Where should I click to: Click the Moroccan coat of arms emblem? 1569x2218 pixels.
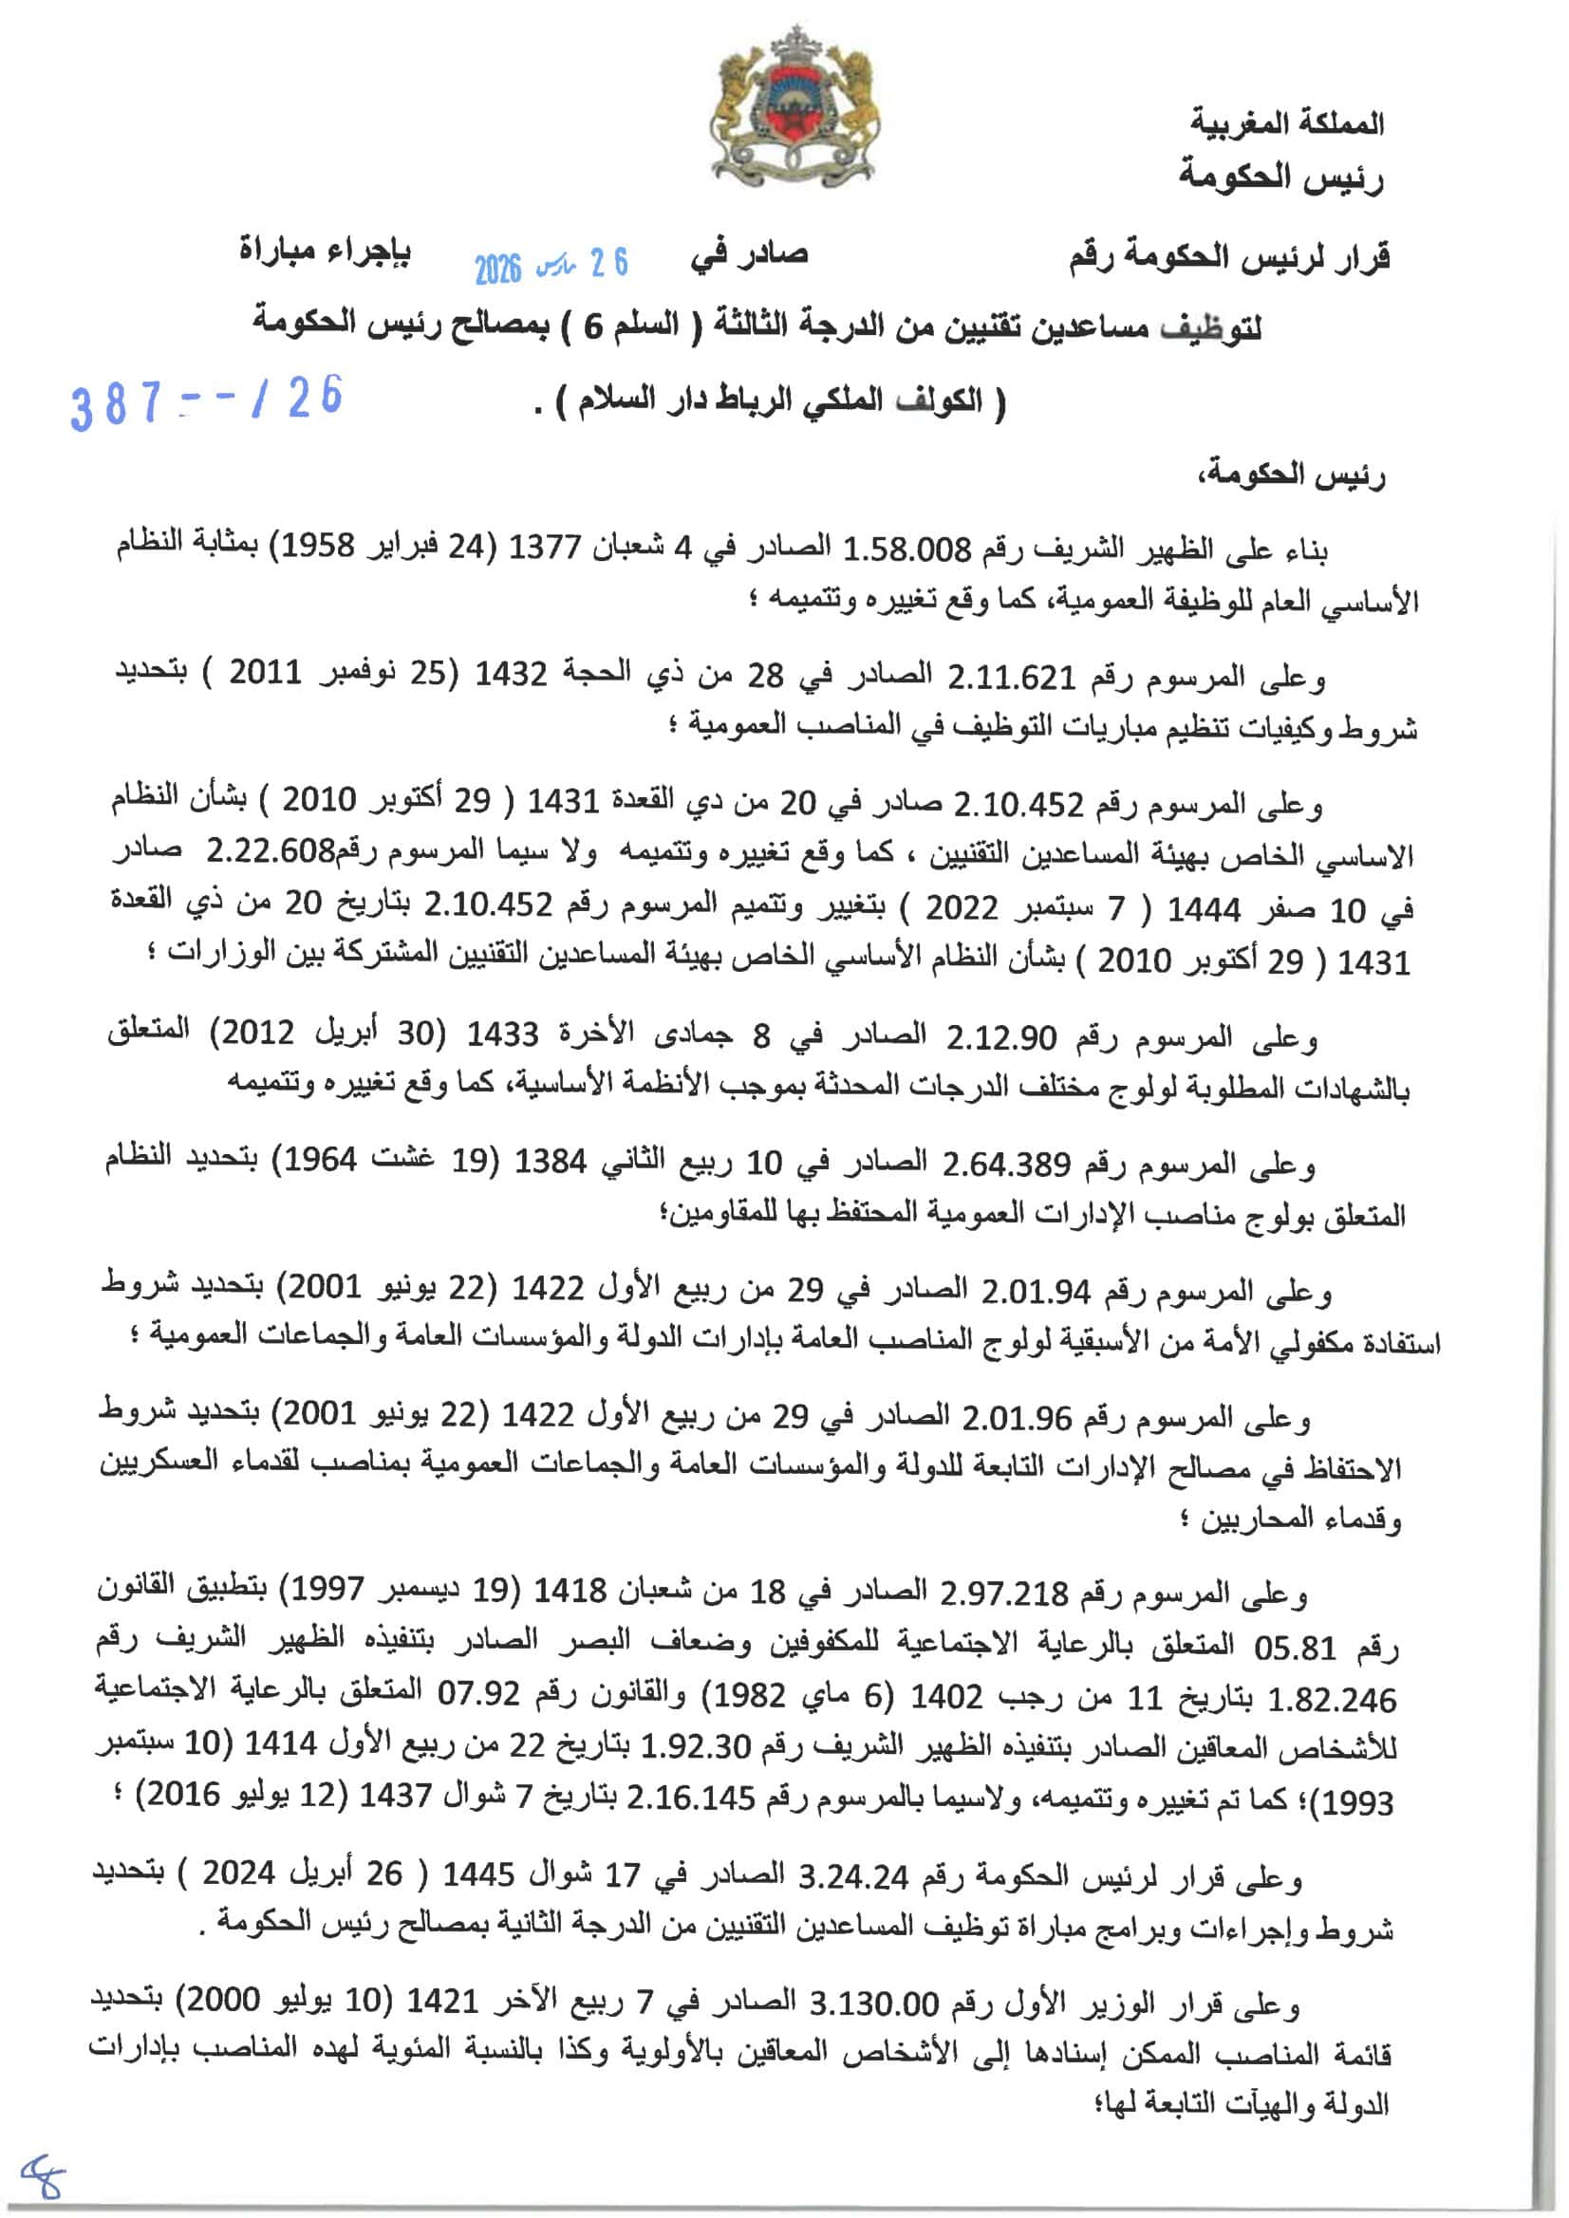[x=795, y=108]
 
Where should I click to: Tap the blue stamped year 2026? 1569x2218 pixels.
[x=496, y=269]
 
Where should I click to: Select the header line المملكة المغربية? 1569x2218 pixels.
[x=1286, y=122]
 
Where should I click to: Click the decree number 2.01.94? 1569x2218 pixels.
[x=1036, y=1292]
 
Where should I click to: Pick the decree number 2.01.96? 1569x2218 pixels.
[x=1017, y=1418]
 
